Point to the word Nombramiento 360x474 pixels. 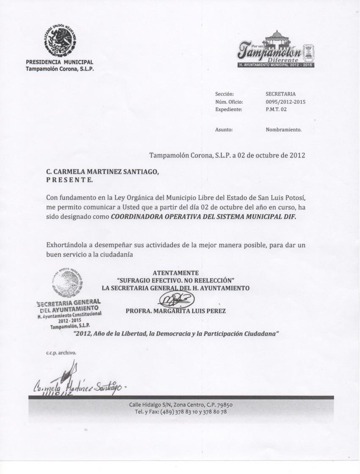(283, 130)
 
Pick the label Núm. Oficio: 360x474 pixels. (229, 102)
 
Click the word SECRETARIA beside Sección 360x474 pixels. (280, 94)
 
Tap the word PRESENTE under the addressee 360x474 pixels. (69, 180)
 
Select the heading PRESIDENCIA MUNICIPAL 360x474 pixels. (59, 63)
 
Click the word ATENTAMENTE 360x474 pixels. (175, 273)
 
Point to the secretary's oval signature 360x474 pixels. (176, 301)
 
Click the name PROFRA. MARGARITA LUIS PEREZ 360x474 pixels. (176, 311)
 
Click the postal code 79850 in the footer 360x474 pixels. (223, 405)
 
